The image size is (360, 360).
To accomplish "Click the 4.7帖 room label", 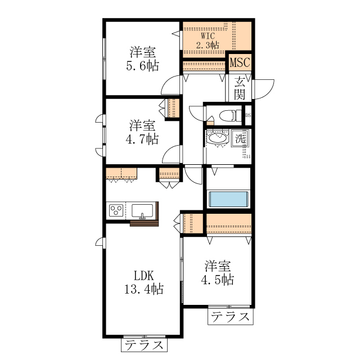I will point(143,132).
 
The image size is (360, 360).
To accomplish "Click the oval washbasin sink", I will point(217,138).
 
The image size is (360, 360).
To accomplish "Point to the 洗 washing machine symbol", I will point(241,138).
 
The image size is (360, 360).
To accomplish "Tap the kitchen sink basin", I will point(143,211).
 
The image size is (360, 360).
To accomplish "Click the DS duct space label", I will point(248,116).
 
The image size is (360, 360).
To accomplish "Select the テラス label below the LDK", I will point(145,344).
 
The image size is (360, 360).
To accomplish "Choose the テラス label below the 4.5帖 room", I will point(230,317).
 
